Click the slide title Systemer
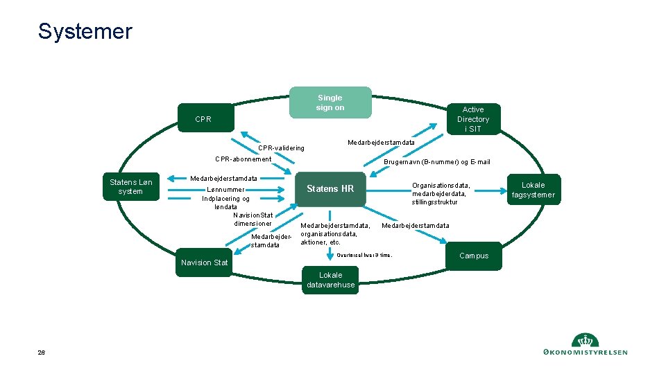(85, 31)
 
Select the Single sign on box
(330, 103)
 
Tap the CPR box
(204, 119)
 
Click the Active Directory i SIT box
(473, 119)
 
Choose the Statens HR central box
(330, 189)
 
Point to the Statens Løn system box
(131, 187)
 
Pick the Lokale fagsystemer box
(533, 190)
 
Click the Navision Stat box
(204, 262)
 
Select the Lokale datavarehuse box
(330, 280)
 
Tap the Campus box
(474, 256)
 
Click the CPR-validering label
(281, 148)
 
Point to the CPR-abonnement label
(244, 159)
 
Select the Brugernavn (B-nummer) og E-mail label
(437, 162)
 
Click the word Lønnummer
(226, 190)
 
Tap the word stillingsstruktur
(435, 202)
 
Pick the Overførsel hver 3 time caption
(364, 255)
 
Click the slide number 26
(42, 353)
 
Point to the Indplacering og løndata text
(226, 202)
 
